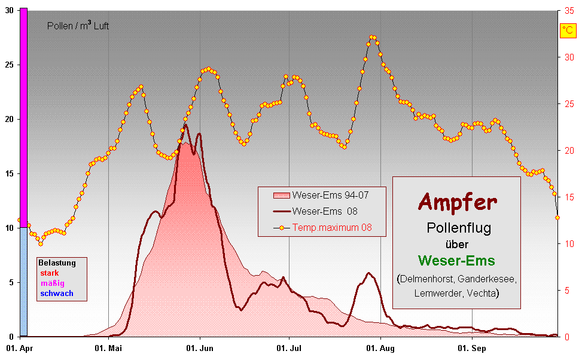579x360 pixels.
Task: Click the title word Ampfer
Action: pos(457,202)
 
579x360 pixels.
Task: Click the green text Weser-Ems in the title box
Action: pos(456,261)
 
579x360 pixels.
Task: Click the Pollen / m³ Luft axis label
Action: pos(78,26)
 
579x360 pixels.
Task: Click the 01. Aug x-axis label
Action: pos(380,347)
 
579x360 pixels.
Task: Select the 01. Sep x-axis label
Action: pos(472,347)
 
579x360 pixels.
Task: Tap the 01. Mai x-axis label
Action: pos(108,347)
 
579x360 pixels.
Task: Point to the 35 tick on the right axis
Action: pos(568,11)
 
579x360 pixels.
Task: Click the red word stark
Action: pos(50,273)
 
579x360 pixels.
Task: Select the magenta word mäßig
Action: pos(53,283)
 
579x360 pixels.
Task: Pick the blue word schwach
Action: pos(57,293)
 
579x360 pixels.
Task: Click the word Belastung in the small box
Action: pos(57,263)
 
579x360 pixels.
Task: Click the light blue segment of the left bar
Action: pos(23,281)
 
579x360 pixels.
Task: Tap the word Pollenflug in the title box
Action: pos(456,228)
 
